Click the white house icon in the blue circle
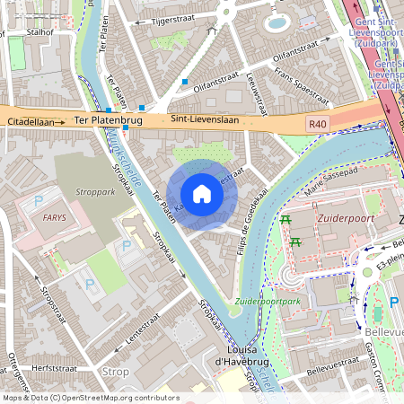[202, 193]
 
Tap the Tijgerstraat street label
[173, 19]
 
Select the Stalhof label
[41, 30]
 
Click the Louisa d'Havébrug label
[224, 356]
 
